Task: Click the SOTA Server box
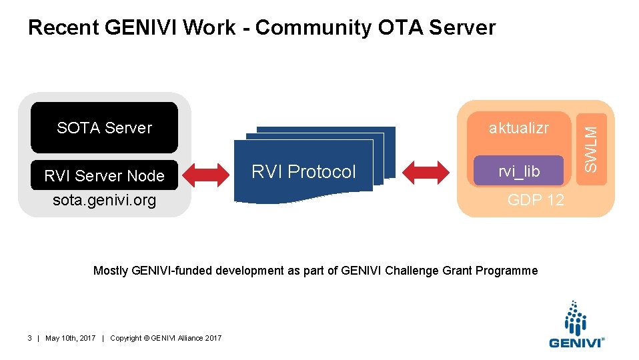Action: coord(104,127)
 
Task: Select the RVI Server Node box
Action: coord(104,175)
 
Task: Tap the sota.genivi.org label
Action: coord(104,200)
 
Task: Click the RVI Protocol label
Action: coord(303,172)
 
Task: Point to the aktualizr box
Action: coord(518,128)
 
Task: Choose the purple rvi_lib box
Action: coord(518,172)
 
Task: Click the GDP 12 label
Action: coord(536,199)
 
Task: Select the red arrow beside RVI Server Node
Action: coord(206,173)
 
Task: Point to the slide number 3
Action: coord(30,339)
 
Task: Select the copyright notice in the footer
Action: coord(165,339)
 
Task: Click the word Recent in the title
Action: coord(64,28)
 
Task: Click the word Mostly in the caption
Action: coord(111,271)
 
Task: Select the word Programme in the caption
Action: coord(512,271)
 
